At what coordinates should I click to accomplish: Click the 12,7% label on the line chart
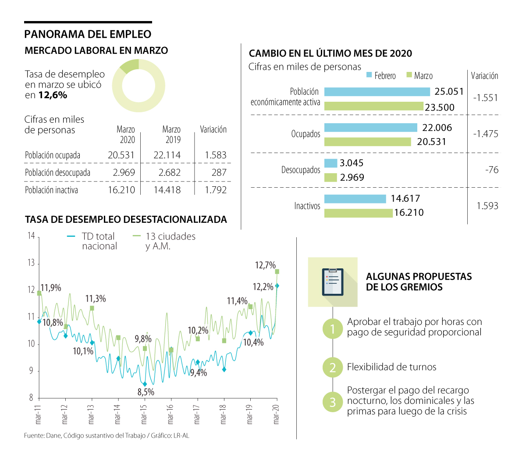pos(265,265)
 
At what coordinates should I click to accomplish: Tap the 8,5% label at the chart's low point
pos(146,392)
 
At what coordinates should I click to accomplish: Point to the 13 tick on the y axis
pos(31,263)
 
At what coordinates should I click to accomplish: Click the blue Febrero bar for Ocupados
pos(370,128)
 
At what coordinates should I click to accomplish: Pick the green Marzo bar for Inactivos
pos(358,213)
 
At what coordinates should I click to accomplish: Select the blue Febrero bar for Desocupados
pos(331,163)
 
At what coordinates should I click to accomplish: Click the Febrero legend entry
pos(381,76)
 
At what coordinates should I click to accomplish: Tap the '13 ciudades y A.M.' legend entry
pos(164,241)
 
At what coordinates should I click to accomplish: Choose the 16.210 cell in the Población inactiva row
pos(121,190)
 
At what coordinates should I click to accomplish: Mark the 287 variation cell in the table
pos(219,173)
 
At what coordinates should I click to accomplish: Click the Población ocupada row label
pos(53,155)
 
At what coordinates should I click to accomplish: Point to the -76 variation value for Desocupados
pos(492,170)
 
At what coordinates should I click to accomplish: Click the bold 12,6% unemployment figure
pos(53,95)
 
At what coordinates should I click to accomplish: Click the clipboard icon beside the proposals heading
pos(333,282)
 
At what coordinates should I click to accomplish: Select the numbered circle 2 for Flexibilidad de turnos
pos(333,367)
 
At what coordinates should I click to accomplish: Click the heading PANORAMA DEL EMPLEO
pos(88,34)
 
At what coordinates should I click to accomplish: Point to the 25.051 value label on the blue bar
pos(449,92)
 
